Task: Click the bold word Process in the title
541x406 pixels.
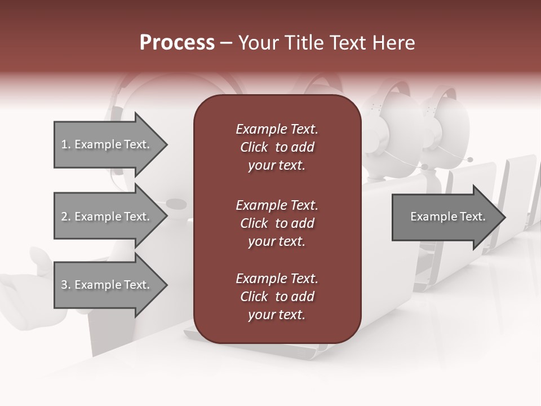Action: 177,43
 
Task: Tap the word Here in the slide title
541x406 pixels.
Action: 394,43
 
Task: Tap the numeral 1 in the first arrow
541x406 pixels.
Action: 64,145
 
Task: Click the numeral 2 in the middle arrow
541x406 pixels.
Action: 64,217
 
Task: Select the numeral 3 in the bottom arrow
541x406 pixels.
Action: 64,285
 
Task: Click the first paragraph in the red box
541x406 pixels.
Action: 277,147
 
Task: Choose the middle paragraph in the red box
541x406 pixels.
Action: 277,223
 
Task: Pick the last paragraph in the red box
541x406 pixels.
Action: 277,297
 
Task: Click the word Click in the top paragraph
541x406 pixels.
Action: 254,147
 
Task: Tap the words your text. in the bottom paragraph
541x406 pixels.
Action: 277,315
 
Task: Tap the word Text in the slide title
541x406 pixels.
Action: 348,43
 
